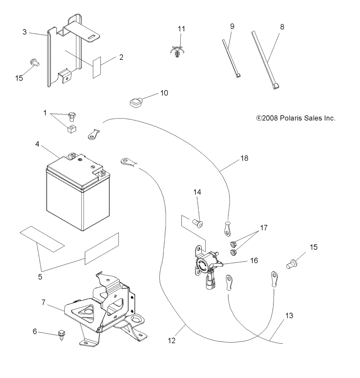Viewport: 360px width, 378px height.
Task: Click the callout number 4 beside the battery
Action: click(x=37, y=144)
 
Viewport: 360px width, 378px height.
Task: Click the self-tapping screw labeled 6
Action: click(x=62, y=335)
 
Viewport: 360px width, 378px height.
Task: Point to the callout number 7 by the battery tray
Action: click(x=43, y=302)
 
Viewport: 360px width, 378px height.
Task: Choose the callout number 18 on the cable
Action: click(x=244, y=158)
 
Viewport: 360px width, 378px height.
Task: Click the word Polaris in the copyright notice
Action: click(x=291, y=118)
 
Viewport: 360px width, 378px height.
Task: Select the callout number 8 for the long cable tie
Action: click(x=282, y=27)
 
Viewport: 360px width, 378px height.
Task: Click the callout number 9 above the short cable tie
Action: click(x=232, y=26)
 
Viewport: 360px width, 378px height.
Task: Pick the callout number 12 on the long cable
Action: click(x=172, y=341)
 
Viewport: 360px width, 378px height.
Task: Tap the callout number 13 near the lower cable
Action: click(x=289, y=316)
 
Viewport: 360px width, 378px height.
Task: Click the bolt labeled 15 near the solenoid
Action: click(x=292, y=264)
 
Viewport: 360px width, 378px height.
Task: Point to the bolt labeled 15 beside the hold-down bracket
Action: click(x=35, y=63)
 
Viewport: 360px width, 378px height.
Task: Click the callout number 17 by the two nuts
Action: click(x=264, y=228)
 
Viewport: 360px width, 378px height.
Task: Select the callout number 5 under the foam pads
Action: click(x=40, y=277)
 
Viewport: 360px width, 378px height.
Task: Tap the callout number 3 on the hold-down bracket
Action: click(x=24, y=32)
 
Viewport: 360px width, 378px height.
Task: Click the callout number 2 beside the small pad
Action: click(x=121, y=57)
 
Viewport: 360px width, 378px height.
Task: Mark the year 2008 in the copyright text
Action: click(x=270, y=118)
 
